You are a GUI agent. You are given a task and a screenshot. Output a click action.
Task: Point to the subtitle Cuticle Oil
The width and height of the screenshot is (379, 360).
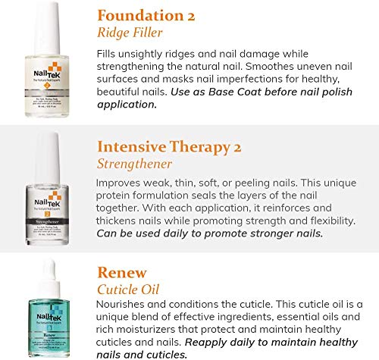(128, 289)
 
